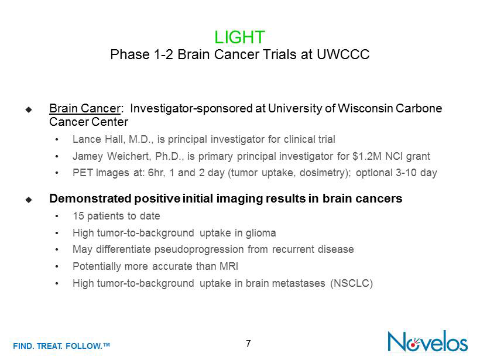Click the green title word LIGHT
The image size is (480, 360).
(x=239, y=37)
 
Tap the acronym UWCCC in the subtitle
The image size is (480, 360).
(x=343, y=54)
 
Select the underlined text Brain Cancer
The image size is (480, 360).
(x=85, y=108)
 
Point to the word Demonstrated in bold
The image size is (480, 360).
(x=91, y=198)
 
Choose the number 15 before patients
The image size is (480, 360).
(x=78, y=216)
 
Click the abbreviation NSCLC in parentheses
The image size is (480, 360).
(x=352, y=283)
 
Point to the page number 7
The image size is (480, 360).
(x=248, y=344)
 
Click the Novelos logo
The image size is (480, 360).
(x=428, y=341)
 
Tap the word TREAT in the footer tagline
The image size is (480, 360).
(x=49, y=346)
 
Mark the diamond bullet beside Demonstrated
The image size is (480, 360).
(x=29, y=200)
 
